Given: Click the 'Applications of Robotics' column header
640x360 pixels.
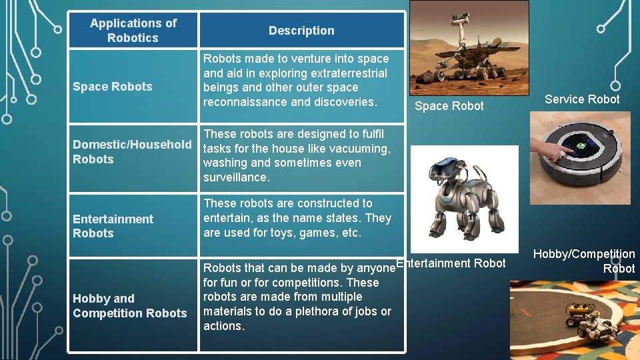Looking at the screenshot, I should pyautogui.click(x=133, y=31).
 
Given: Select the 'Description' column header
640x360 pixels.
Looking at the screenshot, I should pyautogui.click(x=301, y=31).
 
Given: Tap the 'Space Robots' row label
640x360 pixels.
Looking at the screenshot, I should pyautogui.click(x=112, y=87).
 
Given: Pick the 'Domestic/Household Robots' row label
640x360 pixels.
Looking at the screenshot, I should pyautogui.click(x=132, y=152).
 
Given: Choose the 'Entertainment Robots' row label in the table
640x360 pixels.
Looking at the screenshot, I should pyautogui.click(x=113, y=226).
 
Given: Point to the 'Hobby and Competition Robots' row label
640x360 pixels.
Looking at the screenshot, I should pyautogui.click(x=129, y=306).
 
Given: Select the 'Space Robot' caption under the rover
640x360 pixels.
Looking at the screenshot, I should pyautogui.click(x=449, y=106).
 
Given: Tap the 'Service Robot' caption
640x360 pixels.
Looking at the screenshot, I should pyautogui.click(x=582, y=99).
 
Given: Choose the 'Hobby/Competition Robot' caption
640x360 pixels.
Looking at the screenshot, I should pyautogui.click(x=585, y=261).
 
